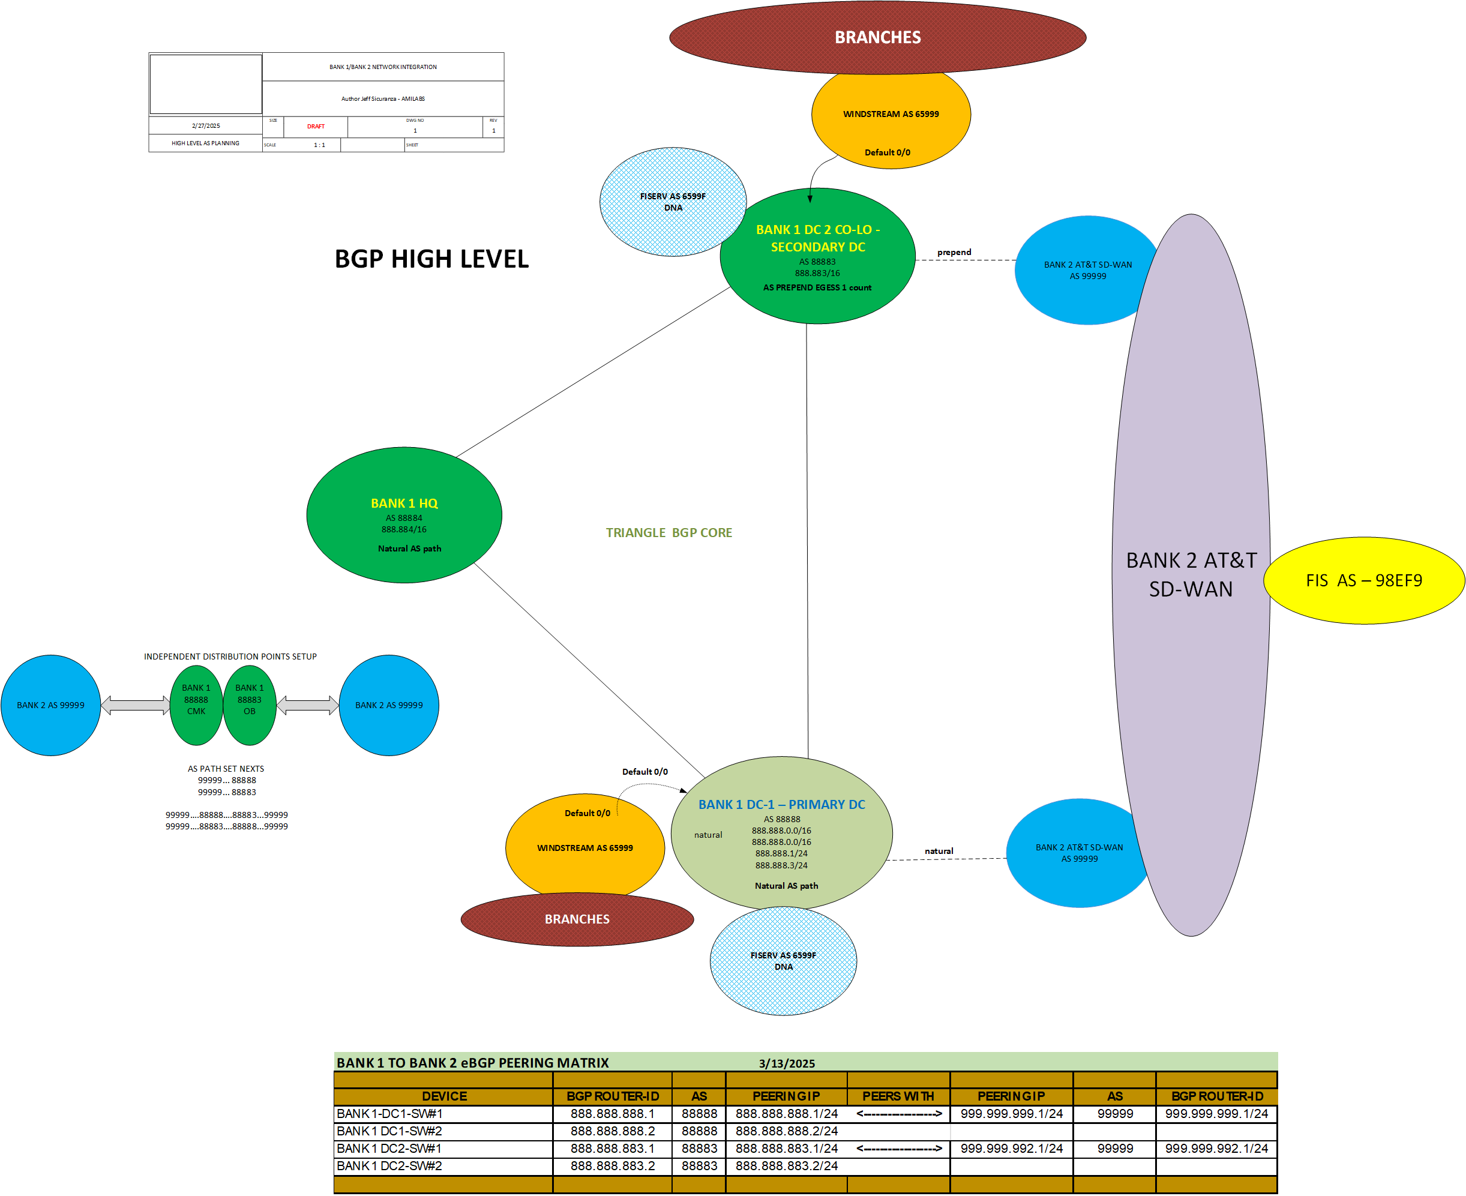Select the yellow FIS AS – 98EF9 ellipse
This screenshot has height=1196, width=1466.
[1363, 581]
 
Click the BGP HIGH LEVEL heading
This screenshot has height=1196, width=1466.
[431, 259]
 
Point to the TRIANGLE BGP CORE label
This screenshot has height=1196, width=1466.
[668, 532]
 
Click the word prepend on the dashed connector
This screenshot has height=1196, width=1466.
[954, 252]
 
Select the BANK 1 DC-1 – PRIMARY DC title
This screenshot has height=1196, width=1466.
[781, 804]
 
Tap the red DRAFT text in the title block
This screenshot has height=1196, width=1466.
[316, 127]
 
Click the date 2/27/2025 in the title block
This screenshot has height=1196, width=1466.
[206, 126]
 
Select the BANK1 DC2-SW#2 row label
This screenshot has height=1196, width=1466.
[389, 1165]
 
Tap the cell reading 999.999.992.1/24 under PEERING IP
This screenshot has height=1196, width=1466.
[1011, 1149]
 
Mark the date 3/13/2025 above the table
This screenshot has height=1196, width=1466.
[787, 1063]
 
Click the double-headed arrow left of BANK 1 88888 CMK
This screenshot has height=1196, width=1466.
[136, 705]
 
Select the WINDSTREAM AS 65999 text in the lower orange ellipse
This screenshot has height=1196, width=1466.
[585, 848]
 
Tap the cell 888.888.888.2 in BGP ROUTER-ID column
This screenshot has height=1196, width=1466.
[613, 1131]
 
